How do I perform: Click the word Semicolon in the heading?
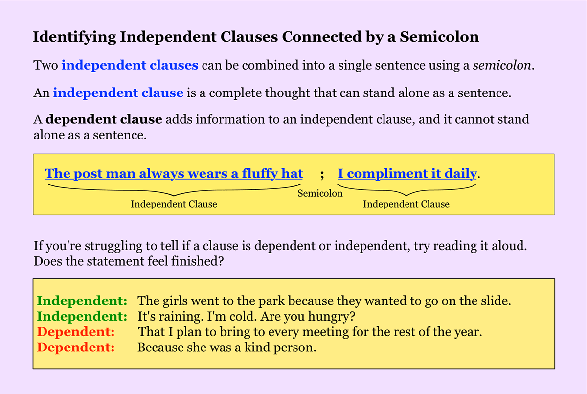tap(439, 37)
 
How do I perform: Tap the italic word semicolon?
tap(501, 65)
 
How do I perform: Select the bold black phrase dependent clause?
tap(104, 119)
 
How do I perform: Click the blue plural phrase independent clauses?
tap(130, 65)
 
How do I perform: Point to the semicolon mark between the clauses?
tap(322, 174)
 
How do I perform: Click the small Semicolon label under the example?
tap(320, 193)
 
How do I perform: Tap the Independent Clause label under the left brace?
tap(174, 204)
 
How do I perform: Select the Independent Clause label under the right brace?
tap(406, 204)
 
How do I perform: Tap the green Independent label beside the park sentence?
tap(82, 301)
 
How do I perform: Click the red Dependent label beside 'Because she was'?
tap(76, 348)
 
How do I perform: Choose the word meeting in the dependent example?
tap(337, 332)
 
